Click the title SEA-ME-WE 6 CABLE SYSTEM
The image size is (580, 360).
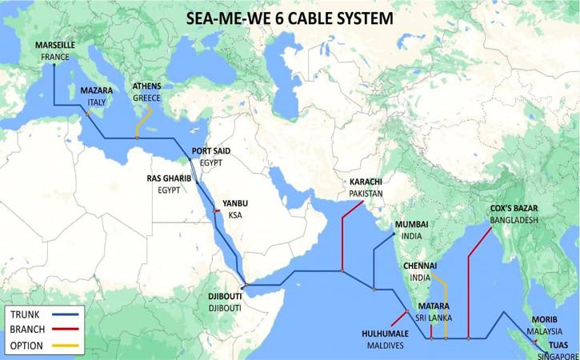coord(289,17)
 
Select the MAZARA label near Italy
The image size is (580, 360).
coord(96,91)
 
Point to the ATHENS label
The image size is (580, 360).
coord(147,86)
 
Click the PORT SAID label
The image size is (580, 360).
coord(212,150)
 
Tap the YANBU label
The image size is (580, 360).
coord(235,204)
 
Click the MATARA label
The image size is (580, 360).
coord(432,306)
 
